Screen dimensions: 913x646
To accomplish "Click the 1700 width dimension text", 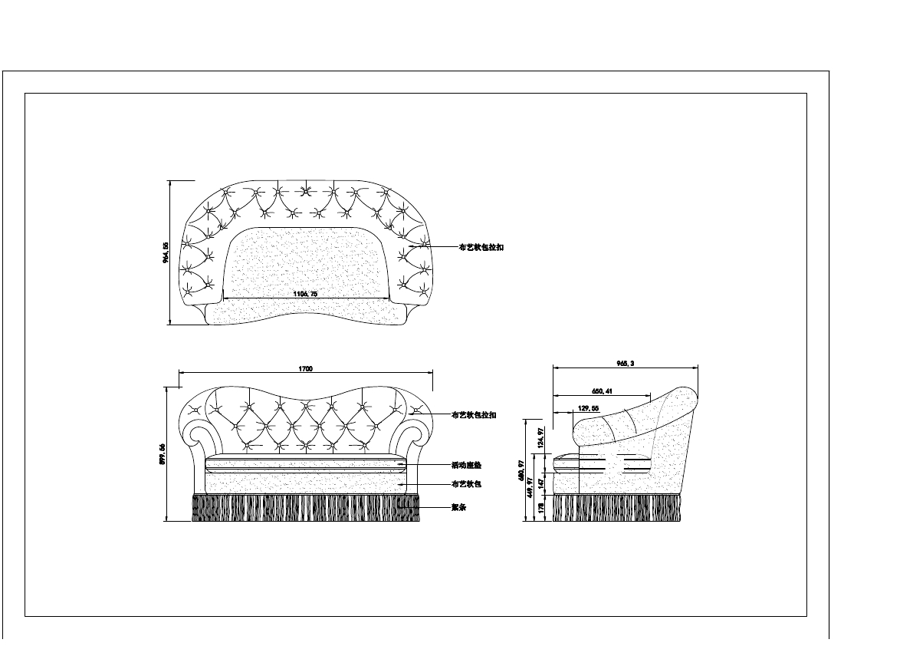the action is point(305,369).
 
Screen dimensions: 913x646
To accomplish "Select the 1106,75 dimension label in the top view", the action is point(306,294).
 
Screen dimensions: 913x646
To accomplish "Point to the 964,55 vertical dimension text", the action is point(165,253).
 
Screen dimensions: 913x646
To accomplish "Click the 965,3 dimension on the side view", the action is point(626,364).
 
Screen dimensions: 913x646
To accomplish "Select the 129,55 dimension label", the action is point(588,408).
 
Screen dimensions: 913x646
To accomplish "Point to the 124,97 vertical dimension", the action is point(541,438).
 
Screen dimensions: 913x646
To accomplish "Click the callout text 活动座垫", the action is point(466,466).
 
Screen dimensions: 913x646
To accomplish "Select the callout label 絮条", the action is point(459,507).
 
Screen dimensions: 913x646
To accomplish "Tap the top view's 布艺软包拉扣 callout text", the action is point(481,247).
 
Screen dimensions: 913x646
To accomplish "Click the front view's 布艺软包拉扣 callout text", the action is point(475,415).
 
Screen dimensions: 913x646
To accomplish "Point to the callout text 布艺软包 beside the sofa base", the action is point(466,485).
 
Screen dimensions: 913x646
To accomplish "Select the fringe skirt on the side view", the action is point(616,507).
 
